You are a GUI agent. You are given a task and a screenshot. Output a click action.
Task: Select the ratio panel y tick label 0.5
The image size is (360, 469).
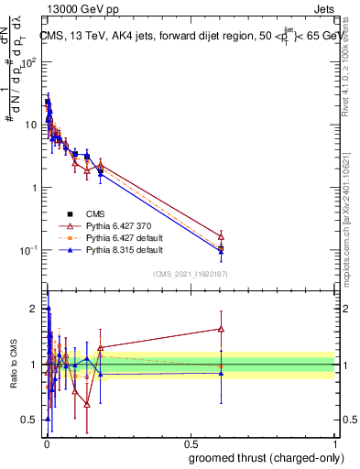pos(30,420)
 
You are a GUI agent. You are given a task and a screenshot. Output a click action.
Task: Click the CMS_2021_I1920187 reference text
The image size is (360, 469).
pos(191,273)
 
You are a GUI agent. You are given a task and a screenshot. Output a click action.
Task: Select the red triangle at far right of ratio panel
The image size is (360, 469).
pos(221,329)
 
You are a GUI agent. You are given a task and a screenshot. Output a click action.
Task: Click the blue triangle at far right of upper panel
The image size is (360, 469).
pos(221,251)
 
